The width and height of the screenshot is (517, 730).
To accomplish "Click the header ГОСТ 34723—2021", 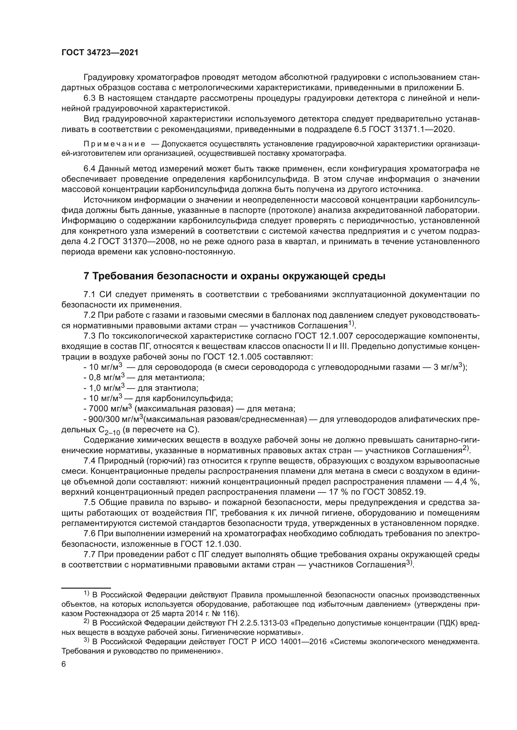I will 100,53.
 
